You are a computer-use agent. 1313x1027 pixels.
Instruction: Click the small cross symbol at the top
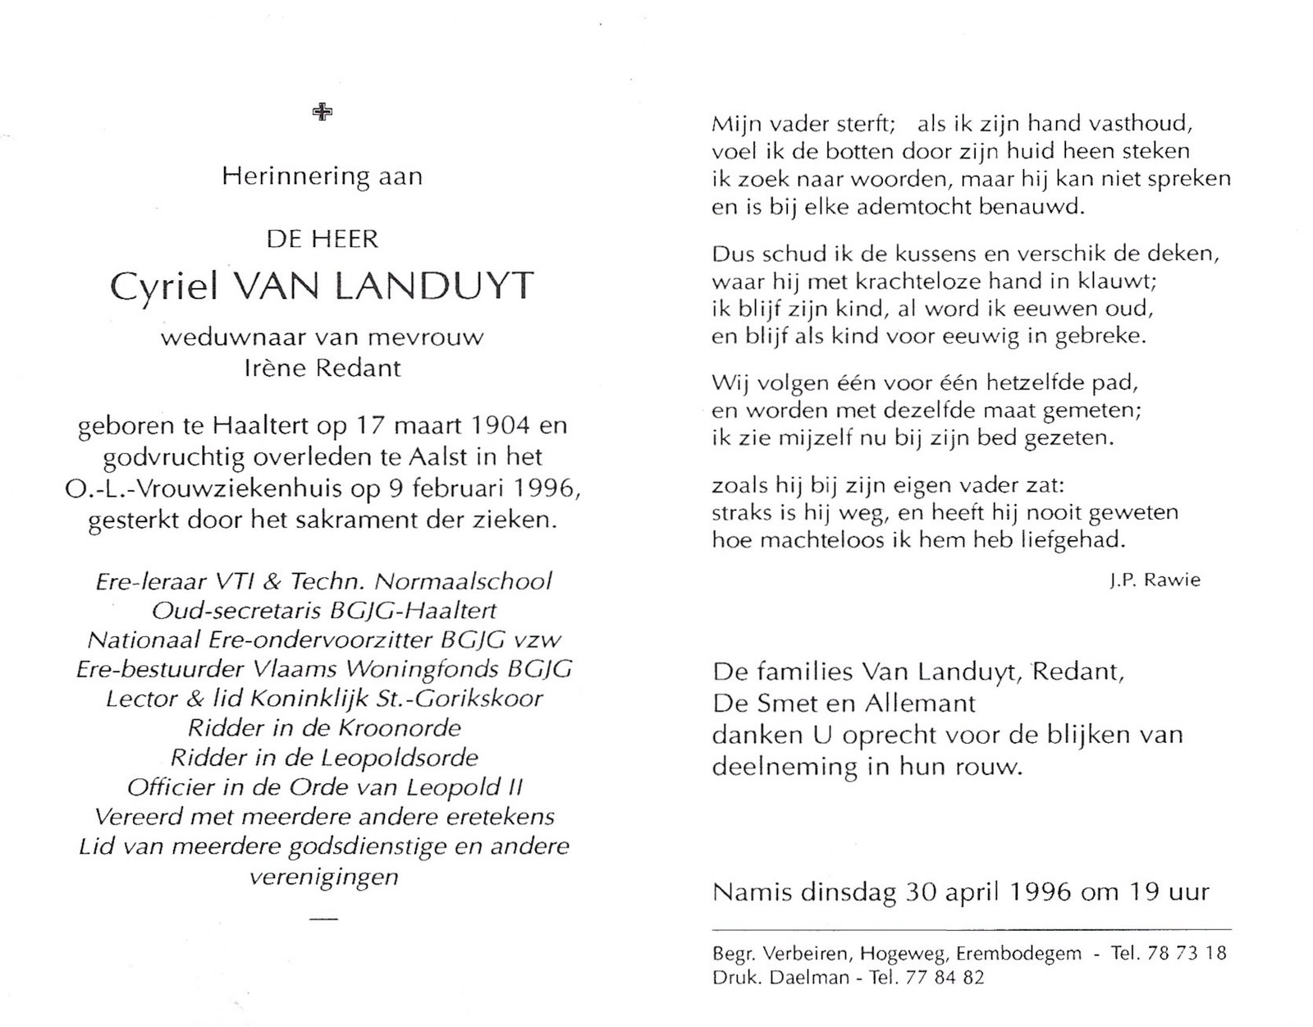pos(323,112)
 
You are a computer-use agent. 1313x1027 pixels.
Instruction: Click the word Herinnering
pos(285,177)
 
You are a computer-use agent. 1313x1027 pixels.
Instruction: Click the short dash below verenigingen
pos(325,917)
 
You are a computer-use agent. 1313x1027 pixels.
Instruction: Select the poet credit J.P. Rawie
pos(1154,580)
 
